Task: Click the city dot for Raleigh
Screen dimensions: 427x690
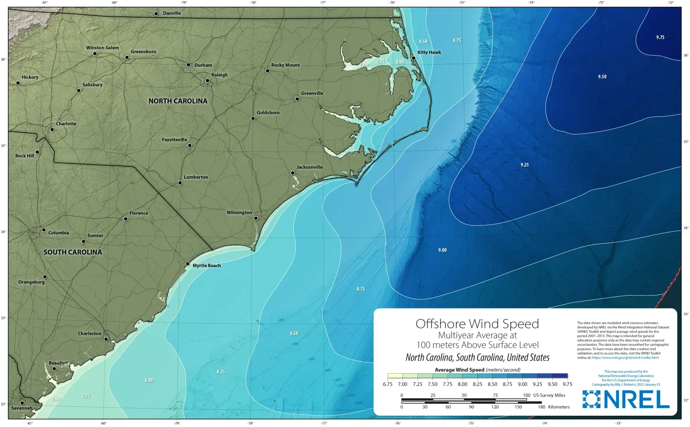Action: pos(207,81)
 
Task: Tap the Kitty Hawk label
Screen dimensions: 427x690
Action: pos(429,53)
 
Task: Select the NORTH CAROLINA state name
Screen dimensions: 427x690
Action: pos(178,101)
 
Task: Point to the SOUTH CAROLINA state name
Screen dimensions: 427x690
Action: pos(72,252)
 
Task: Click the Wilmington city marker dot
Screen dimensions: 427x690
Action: pos(256,218)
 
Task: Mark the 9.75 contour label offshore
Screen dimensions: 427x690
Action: pos(660,37)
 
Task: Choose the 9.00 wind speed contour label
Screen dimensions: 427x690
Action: pos(442,250)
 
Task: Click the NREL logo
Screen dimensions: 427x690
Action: pos(626,399)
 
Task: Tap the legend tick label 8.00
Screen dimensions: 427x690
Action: pos(462,384)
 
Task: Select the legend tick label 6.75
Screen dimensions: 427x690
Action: pos(387,384)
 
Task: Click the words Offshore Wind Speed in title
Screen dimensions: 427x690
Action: pos(477,324)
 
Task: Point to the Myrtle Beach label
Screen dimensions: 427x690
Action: pos(207,266)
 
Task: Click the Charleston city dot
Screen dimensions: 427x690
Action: pos(106,339)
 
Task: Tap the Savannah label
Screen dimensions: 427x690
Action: pos(22,408)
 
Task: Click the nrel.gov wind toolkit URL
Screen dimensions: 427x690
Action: pos(625,358)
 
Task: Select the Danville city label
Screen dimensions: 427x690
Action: pos(172,13)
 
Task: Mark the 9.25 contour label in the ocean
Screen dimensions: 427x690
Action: pos(524,165)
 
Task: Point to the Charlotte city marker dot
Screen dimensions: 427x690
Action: pos(52,129)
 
